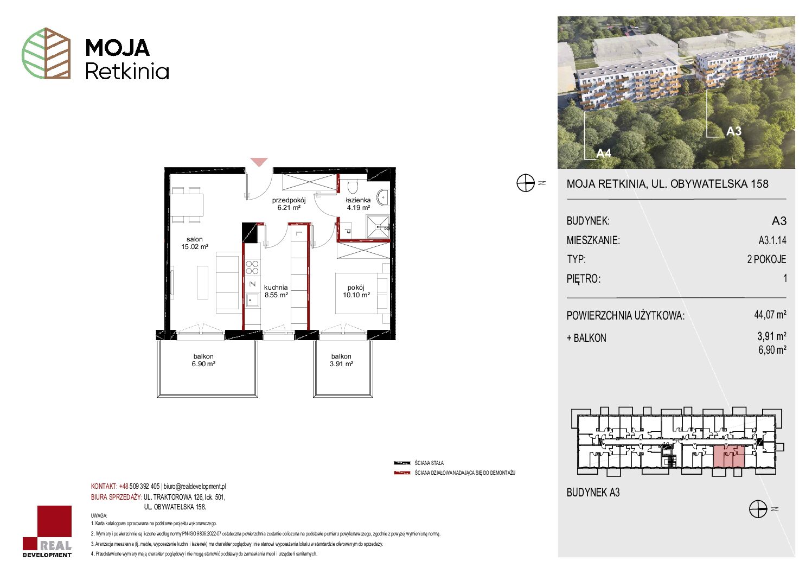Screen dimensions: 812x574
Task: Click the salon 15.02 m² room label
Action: [x=195, y=243]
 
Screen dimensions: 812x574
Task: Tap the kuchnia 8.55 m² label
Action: [x=276, y=291]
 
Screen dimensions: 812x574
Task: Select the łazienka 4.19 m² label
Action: [x=358, y=204]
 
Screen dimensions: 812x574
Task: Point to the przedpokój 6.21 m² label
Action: [x=289, y=204]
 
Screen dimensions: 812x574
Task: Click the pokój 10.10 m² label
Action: [x=356, y=291]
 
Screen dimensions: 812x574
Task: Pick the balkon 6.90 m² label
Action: [x=203, y=360]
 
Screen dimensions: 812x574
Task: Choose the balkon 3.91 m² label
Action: [x=341, y=360]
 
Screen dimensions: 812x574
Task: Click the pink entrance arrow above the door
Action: [x=259, y=162]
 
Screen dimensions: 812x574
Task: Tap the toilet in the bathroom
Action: [x=352, y=186]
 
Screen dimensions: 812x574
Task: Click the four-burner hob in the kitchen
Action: [x=252, y=267]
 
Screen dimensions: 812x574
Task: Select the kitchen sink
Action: [x=252, y=300]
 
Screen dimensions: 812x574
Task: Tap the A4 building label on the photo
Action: [x=604, y=154]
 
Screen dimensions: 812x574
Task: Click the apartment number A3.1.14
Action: [x=772, y=240]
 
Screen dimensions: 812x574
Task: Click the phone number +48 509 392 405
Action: [x=139, y=486]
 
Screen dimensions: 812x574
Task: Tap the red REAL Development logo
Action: [x=47, y=531]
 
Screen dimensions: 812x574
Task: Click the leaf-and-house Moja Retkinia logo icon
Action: [x=46, y=53]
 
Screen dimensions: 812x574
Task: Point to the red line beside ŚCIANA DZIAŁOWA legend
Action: [x=402, y=473]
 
